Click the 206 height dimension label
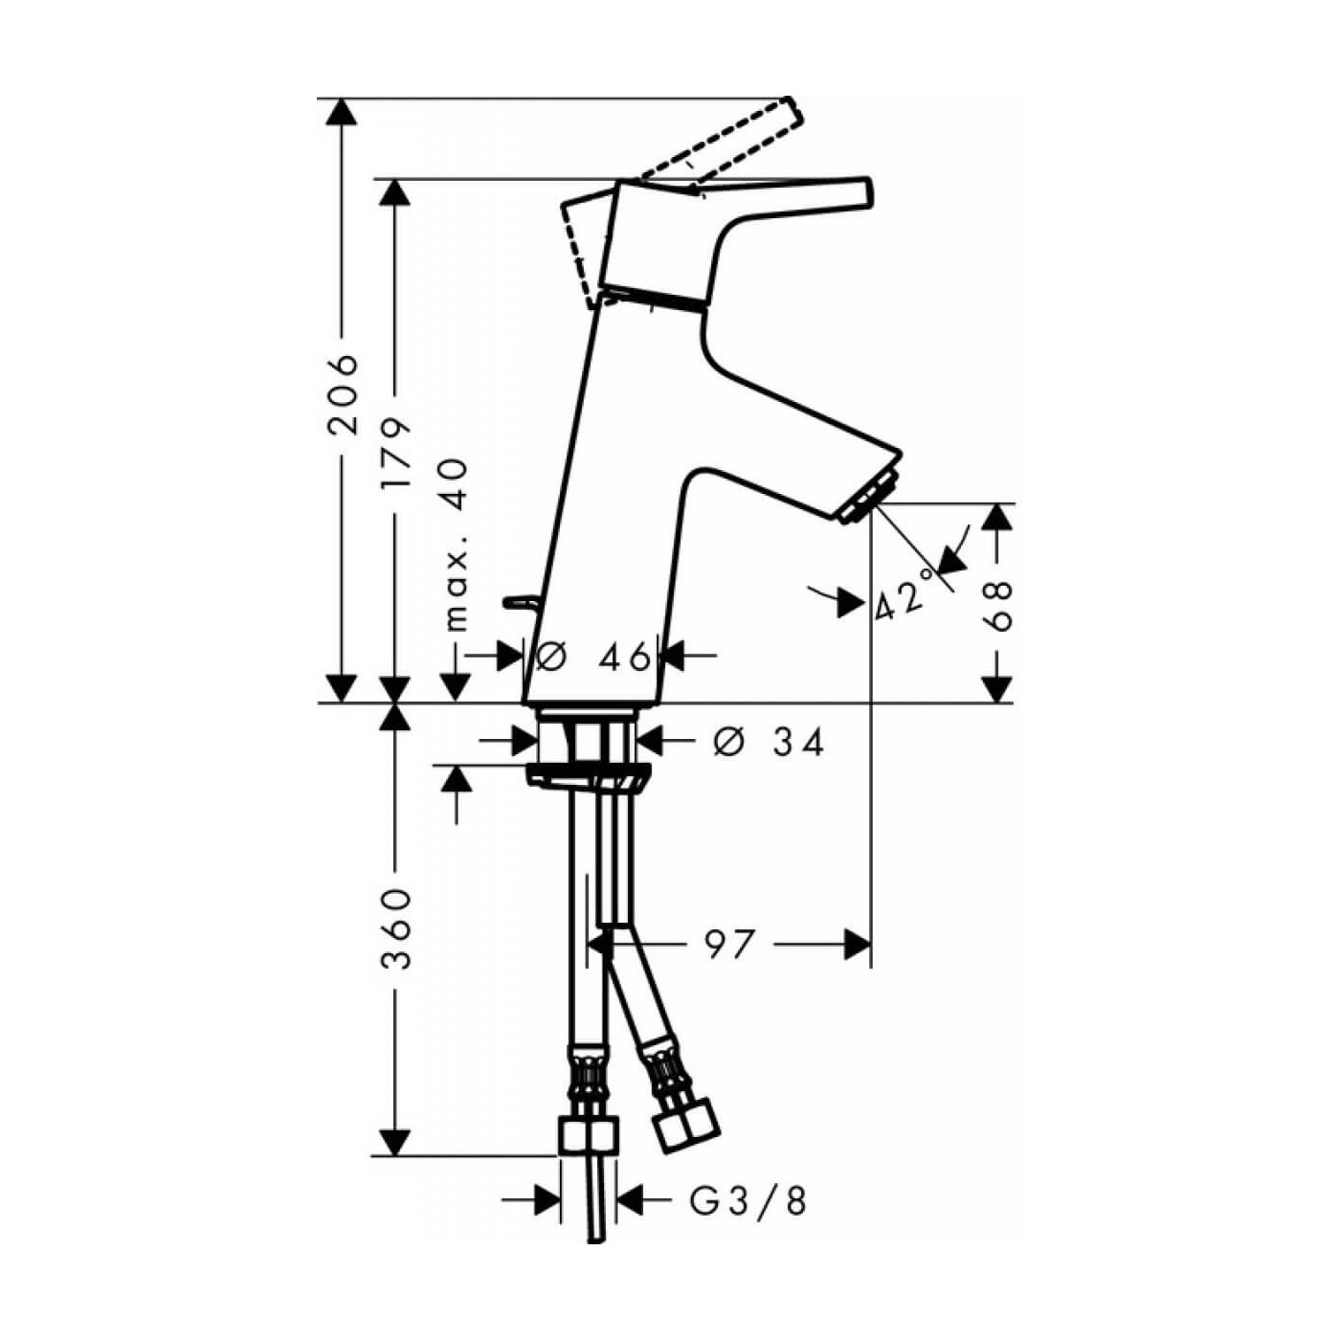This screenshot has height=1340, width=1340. pyautogui.click(x=342, y=395)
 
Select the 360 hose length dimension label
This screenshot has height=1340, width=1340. pyautogui.click(x=396, y=929)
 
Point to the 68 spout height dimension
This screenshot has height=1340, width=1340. pyautogui.click(x=998, y=607)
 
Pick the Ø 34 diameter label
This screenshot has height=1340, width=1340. pyautogui.click(x=769, y=743)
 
